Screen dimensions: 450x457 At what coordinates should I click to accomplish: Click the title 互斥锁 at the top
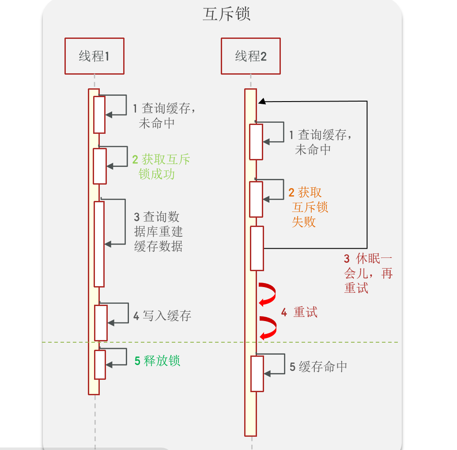(226, 14)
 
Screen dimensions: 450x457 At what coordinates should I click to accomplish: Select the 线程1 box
(94, 56)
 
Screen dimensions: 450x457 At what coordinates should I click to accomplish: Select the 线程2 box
(250, 56)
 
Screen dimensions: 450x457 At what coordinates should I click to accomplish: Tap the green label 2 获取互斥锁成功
(161, 166)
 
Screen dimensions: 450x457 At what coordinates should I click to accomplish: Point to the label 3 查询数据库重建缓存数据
(158, 231)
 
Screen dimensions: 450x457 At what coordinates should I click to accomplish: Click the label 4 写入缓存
(162, 316)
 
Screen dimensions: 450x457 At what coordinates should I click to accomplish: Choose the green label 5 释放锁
(158, 361)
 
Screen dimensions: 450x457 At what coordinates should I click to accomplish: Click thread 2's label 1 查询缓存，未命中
(321, 142)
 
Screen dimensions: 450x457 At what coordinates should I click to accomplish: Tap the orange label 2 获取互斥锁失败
(308, 207)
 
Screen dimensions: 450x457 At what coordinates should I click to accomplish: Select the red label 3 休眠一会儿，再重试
(368, 273)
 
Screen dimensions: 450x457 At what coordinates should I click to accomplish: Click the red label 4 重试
(299, 313)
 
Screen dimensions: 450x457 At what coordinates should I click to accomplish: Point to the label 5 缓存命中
(318, 367)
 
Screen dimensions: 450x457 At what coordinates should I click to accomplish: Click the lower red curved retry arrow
(268, 328)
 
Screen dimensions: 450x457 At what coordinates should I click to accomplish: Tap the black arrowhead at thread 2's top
(262, 102)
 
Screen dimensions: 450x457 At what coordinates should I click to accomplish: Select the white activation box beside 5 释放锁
(100, 364)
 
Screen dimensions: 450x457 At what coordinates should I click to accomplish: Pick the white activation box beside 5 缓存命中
(257, 374)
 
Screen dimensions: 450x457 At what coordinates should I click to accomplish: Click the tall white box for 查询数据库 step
(99, 244)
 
